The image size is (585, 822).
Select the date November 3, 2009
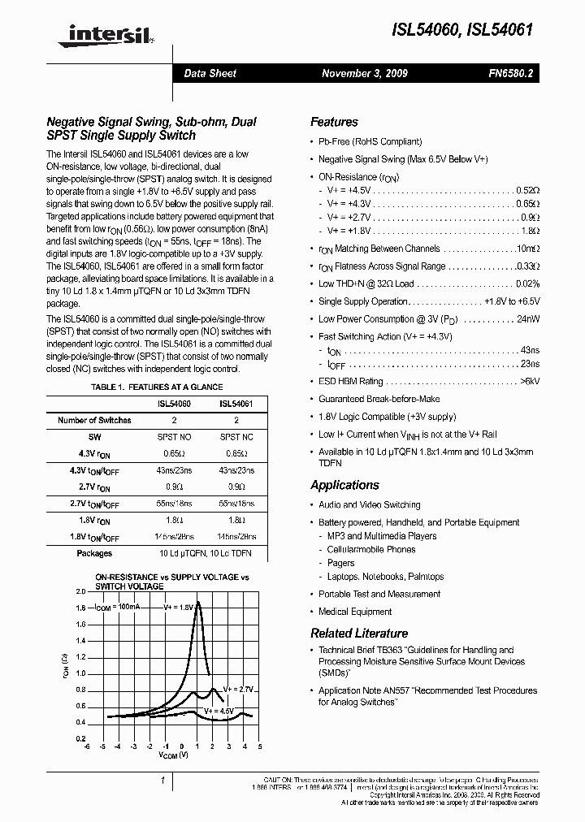(365, 73)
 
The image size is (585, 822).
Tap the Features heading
(334, 122)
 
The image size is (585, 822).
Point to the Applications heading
(344, 485)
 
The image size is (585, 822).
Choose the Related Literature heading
(359, 633)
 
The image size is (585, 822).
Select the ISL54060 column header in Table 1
(174, 404)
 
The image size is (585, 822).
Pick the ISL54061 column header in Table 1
(236, 404)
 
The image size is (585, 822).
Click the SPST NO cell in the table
(174, 437)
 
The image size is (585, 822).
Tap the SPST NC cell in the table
(236, 437)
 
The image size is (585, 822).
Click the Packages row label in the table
(94, 553)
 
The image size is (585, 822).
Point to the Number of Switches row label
(94, 420)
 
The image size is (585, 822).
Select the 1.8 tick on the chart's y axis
(80, 608)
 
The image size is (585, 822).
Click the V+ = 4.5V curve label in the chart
(219, 710)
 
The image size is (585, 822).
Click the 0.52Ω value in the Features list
(528, 190)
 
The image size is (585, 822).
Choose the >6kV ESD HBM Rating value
(529, 381)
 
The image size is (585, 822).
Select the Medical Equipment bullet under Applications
(355, 612)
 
